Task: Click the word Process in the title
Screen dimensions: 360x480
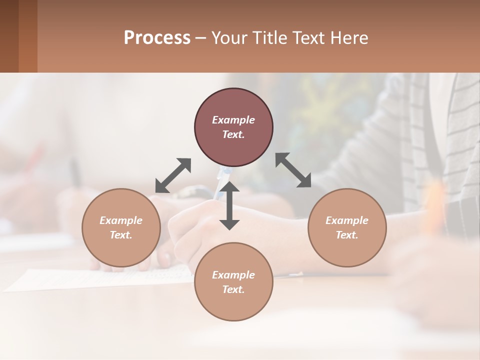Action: pos(157,38)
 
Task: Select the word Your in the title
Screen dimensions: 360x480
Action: pos(229,38)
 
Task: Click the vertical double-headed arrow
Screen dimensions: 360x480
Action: pos(229,205)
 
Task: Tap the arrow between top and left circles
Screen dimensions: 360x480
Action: pos(173,175)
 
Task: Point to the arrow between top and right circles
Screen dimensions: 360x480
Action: pos(293,170)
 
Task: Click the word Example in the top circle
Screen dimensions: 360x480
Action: pos(233,120)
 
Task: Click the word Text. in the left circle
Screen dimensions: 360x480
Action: pos(121,235)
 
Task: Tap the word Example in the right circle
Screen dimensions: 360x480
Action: pos(347,220)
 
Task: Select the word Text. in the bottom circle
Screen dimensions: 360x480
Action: pos(233,289)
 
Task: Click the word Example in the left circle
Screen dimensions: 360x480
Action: pos(121,220)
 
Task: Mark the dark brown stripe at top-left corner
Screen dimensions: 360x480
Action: pos(9,36)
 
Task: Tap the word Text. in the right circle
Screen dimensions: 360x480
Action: pos(347,235)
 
